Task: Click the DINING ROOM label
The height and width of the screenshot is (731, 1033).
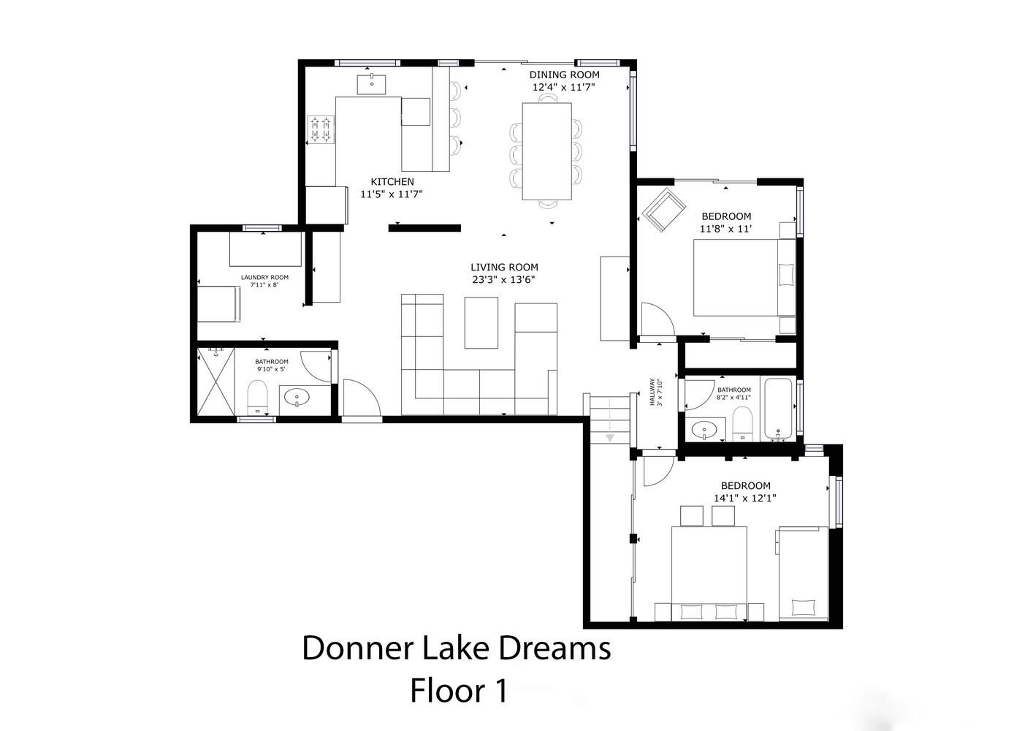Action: (x=564, y=75)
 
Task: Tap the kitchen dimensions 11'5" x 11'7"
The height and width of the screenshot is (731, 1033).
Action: (x=392, y=194)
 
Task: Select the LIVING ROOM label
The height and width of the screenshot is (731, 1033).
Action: (x=504, y=268)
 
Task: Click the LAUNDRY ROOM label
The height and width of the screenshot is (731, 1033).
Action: (x=264, y=277)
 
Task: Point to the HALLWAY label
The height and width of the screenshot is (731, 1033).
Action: (x=652, y=393)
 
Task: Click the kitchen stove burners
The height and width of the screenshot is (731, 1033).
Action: (x=321, y=129)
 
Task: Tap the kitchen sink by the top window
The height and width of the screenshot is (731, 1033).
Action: (x=371, y=85)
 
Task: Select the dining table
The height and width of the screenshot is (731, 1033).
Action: (x=547, y=151)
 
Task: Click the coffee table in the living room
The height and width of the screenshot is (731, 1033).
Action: (x=481, y=322)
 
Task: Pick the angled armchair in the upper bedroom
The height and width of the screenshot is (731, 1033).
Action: (x=664, y=210)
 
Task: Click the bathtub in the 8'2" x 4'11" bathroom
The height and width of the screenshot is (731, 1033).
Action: (x=778, y=409)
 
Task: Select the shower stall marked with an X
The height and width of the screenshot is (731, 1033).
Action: (x=216, y=382)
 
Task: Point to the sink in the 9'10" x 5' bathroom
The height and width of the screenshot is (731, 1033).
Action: (x=297, y=397)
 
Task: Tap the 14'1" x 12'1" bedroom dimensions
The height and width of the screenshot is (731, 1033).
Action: (x=744, y=498)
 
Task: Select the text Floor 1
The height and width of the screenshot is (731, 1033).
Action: (x=459, y=690)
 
